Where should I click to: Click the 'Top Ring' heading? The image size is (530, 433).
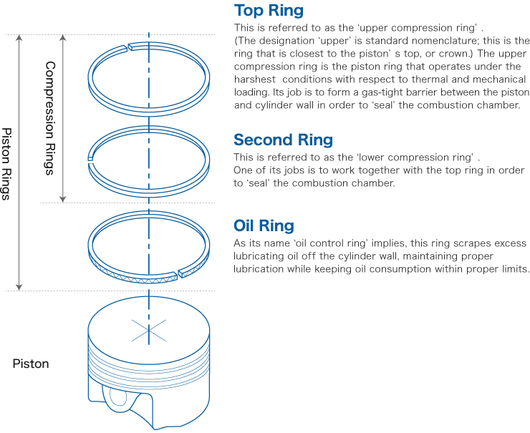[269, 11]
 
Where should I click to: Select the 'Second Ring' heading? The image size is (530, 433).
[283, 140]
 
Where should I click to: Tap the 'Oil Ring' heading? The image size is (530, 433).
[264, 226]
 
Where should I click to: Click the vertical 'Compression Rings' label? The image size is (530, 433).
[49, 118]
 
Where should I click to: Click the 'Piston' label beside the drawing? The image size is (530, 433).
[31, 364]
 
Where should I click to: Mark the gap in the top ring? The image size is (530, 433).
[129, 47]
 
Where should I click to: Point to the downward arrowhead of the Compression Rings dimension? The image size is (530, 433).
[63, 198]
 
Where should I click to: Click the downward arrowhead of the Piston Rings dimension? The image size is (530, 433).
[19, 286]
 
